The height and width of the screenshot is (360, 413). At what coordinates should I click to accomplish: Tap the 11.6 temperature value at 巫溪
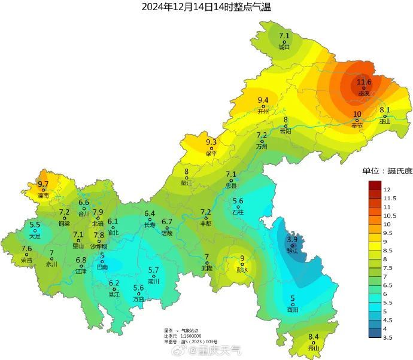364,82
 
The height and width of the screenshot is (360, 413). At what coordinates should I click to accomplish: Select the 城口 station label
284,47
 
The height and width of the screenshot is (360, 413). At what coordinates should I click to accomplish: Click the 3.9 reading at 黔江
292,239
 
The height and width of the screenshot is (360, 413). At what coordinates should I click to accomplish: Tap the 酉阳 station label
292,310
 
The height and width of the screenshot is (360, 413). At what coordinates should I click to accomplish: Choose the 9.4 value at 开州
263,100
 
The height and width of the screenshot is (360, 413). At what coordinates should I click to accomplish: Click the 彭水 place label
242,269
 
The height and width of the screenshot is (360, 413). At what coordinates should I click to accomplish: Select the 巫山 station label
385,121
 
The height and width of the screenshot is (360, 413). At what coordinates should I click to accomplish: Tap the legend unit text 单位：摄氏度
387,171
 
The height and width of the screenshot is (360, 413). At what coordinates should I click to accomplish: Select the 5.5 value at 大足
35,225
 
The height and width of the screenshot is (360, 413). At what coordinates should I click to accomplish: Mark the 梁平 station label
211,153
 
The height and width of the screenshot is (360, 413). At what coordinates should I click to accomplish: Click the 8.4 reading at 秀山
314,337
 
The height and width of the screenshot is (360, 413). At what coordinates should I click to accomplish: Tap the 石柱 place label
238,212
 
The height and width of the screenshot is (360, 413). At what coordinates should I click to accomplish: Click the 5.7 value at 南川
154,270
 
